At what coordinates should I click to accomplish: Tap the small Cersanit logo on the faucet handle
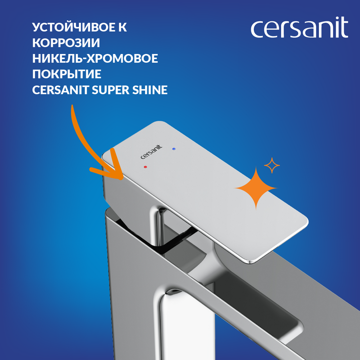click(151, 152)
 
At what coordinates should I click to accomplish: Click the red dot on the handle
click(145, 167)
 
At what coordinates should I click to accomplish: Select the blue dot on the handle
click(174, 149)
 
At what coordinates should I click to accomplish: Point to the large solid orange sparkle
click(256, 188)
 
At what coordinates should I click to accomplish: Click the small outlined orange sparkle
click(272, 165)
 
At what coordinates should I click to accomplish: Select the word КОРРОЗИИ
click(66, 43)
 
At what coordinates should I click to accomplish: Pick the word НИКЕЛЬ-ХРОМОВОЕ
click(95, 58)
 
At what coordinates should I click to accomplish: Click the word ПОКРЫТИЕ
click(67, 74)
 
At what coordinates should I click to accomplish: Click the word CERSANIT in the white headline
click(60, 90)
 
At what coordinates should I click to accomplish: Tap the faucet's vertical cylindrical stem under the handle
click(156, 227)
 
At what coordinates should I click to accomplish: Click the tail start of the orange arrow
click(72, 106)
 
